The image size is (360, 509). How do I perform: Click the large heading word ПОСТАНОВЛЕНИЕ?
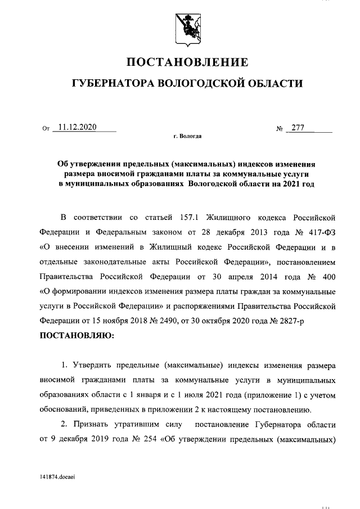pyautogui.click(x=186, y=61)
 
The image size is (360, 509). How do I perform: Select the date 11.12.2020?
pyautogui.click(x=78, y=127)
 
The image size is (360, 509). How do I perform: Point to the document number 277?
pyautogui.click(x=296, y=127)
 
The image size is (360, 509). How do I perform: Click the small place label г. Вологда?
pyautogui.click(x=187, y=137)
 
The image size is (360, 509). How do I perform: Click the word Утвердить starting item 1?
pyautogui.click(x=91, y=366)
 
